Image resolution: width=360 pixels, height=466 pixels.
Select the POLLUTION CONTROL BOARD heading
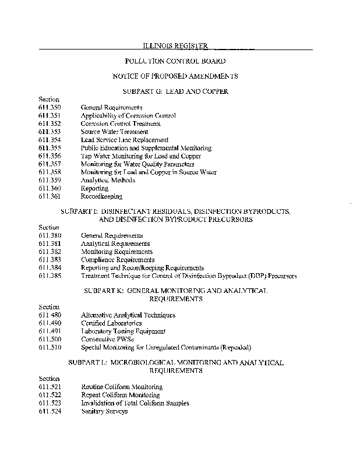click(175, 61)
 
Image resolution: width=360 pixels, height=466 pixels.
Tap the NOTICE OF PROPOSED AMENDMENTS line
click(175, 76)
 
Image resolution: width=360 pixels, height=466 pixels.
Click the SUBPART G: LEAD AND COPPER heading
click(175, 92)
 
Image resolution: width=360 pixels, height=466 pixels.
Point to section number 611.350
click(48, 108)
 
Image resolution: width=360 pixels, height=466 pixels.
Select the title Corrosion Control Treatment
click(121, 124)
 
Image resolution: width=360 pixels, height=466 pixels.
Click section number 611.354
click(48, 140)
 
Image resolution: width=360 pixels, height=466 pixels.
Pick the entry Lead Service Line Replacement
click(125, 140)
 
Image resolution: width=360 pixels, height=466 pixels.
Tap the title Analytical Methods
click(108, 181)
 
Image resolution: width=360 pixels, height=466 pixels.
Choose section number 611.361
click(48, 197)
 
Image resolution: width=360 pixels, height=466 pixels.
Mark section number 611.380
click(48, 236)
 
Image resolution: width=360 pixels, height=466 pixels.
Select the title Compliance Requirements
click(118, 260)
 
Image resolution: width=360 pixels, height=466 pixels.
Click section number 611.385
click(48, 276)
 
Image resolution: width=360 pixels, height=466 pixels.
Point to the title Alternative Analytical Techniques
click(128, 315)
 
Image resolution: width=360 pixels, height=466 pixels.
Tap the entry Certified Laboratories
click(111, 323)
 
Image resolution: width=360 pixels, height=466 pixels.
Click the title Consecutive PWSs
click(105, 340)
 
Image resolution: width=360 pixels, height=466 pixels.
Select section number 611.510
click(48, 348)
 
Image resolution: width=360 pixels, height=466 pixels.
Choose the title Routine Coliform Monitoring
click(122, 387)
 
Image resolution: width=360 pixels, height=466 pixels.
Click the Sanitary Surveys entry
click(104, 411)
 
